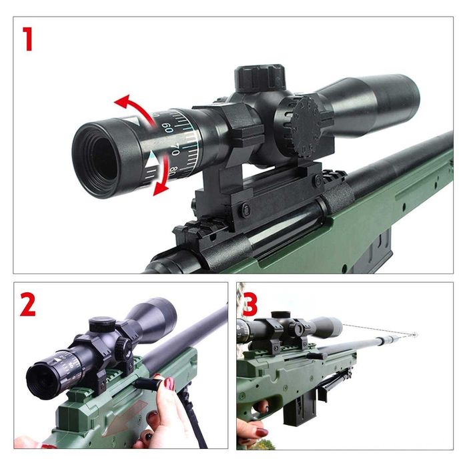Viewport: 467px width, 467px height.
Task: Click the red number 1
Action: pos(27,39)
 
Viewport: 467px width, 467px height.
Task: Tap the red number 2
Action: pos(27,305)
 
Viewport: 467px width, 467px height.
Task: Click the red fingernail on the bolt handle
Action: pos(169,384)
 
